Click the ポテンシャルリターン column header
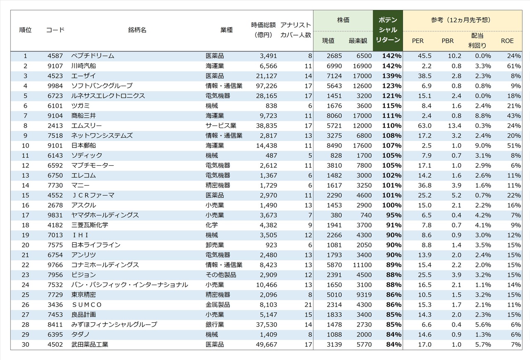point(388,30)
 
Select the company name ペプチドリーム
point(93,56)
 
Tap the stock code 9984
point(55,86)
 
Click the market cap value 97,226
point(265,86)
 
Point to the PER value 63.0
point(424,126)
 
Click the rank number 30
point(25,344)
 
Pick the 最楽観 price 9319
point(364,295)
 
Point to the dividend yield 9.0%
point(483,145)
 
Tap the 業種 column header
point(226,30)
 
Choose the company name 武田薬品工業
point(89,344)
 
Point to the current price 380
point(336,215)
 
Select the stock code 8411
point(55,324)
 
